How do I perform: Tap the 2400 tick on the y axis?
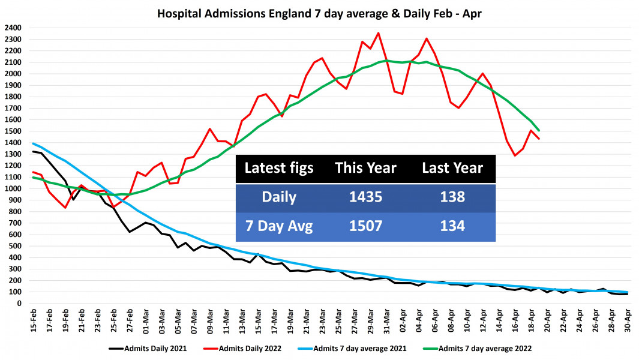pyautogui.click(x=13, y=28)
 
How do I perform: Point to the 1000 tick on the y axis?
pyautogui.click(x=13, y=188)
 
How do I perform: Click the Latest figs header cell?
pyautogui.click(x=278, y=168)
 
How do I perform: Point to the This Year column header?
pyautogui.click(x=365, y=168)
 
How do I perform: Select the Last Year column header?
pyautogui.click(x=452, y=168)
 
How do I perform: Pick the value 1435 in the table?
pyautogui.click(x=365, y=198)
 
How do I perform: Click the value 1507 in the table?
pyautogui.click(x=365, y=227)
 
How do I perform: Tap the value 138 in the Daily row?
pyautogui.click(x=452, y=198)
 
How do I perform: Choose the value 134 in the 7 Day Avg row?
pyautogui.click(x=452, y=227)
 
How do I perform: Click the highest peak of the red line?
pyautogui.click(x=378, y=33)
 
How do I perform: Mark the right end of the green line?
pyautogui.click(x=539, y=130)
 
